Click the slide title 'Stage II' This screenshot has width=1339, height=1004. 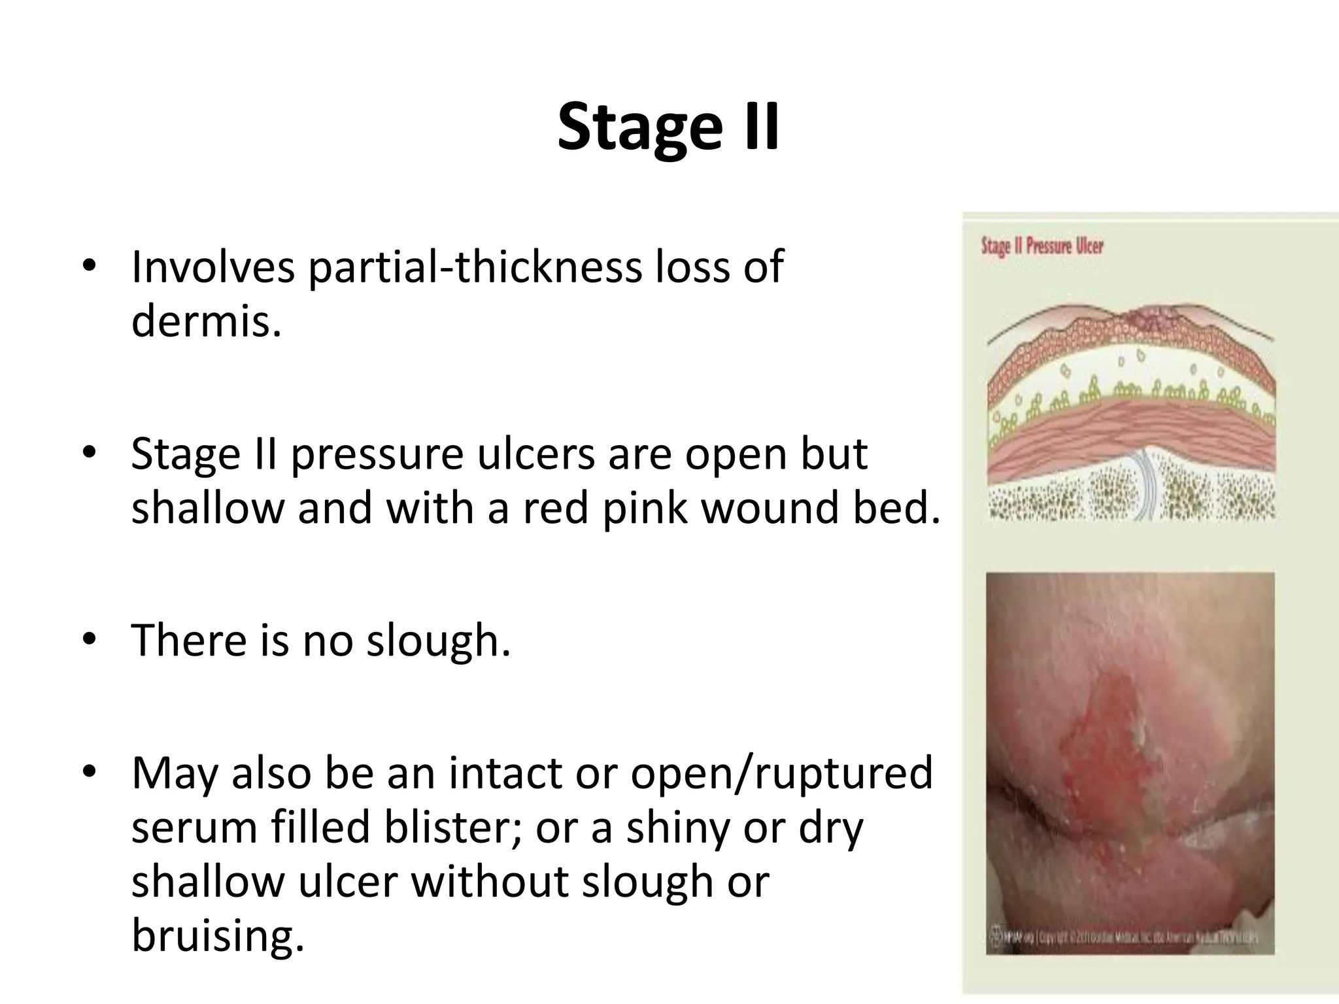[x=668, y=127]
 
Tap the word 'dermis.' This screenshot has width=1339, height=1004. [x=206, y=321]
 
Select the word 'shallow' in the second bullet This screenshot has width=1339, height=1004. [x=207, y=507]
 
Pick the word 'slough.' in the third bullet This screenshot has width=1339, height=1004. [x=437, y=640]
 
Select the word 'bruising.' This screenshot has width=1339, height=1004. [x=218, y=936]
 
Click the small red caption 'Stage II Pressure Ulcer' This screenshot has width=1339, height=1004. [x=1042, y=246]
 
